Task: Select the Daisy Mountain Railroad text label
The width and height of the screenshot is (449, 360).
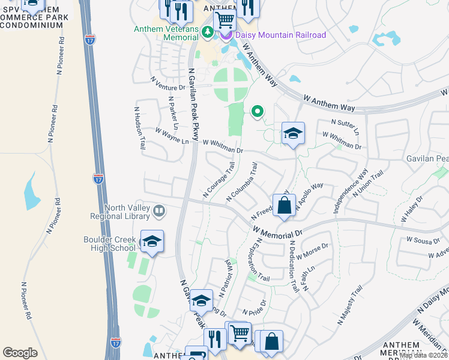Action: point(280,35)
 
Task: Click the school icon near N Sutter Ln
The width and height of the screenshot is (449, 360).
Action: point(293,133)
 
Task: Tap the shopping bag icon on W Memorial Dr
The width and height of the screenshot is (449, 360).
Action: point(284,206)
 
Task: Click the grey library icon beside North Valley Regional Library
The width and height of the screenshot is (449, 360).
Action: point(159,211)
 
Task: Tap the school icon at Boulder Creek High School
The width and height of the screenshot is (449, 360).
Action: point(152,242)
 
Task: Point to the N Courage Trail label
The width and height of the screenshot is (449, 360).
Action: point(218,179)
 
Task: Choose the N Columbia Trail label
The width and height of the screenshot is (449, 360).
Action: point(242,182)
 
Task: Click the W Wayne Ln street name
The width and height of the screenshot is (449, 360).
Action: point(172,136)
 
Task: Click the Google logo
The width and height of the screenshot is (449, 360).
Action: point(20,353)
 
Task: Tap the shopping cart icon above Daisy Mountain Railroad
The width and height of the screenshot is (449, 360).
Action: point(224,20)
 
